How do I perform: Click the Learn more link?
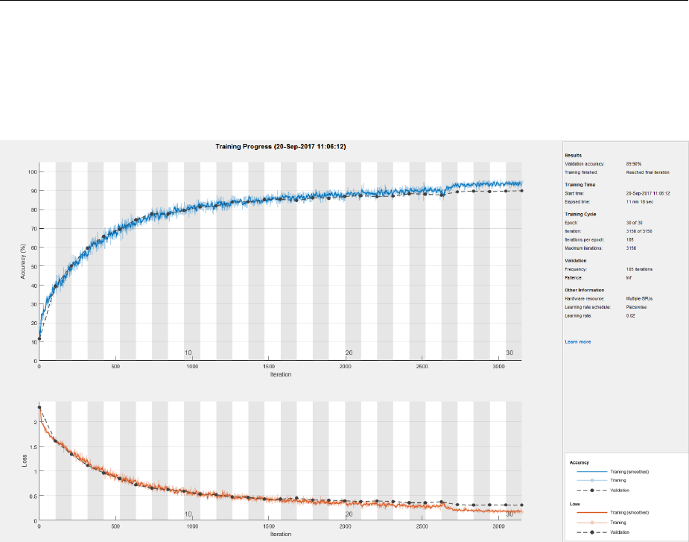(x=578, y=341)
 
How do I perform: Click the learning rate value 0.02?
(x=630, y=316)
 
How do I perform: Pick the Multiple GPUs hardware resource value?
(x=640, y=298)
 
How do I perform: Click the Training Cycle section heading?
(x=584, y=214)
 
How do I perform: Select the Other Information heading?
(x=585, y=290)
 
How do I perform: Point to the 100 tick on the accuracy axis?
(x=30, y=171)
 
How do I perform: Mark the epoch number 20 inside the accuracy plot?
(x=348, y=353)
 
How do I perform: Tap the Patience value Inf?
(x=629, y=277)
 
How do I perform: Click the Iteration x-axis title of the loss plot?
(x=280, y=535)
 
